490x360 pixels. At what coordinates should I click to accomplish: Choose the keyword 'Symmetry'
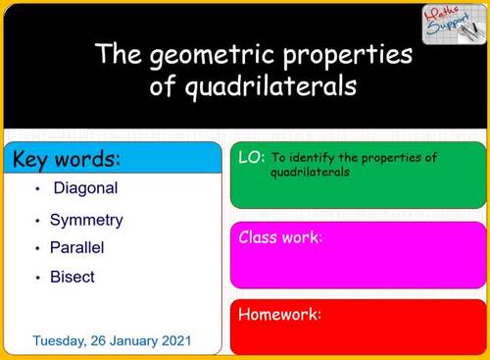[x=86, y=220]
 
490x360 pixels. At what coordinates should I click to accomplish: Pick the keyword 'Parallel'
[x=77, y=248]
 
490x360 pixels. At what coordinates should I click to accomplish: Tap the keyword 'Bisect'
[x=73, y=277]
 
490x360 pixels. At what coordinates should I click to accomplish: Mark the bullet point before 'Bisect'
[x=36, y=278]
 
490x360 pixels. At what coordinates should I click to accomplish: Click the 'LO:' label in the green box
[x=251, y=157]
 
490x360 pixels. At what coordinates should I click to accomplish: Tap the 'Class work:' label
[x=281, y=237]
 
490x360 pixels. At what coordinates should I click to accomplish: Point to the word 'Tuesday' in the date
[x=61, y=341]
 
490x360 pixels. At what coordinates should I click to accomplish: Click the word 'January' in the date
[x=129, y=341]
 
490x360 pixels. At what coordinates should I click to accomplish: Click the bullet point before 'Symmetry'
[x=36, y=220]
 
